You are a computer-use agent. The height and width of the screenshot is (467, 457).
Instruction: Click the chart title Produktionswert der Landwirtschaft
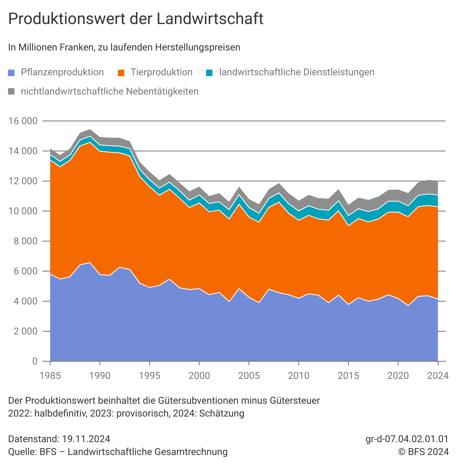(135, 19)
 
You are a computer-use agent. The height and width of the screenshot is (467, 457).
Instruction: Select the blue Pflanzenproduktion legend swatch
(12, 72)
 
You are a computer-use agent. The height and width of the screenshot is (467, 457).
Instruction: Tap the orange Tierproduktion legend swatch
(121, 72)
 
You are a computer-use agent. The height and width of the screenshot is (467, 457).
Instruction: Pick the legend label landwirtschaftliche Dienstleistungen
(297, 72)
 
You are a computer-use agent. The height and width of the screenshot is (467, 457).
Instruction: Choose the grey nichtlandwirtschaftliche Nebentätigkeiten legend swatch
(12, 92)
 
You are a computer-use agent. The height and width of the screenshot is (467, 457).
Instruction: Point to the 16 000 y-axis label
(23, 121)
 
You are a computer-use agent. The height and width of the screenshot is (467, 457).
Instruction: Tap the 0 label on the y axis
(34, 361)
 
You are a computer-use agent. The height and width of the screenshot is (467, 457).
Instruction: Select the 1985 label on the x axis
(50, 376)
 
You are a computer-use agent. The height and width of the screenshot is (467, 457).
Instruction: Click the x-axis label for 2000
(199, 376)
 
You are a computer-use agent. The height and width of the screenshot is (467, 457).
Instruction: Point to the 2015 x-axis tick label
(348, 376)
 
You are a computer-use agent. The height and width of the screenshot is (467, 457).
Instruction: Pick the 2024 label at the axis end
(438, 376)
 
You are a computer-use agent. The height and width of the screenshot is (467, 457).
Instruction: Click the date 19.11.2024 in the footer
(85, 439)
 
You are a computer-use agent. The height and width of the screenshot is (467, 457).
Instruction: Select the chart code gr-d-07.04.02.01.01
(407, 439)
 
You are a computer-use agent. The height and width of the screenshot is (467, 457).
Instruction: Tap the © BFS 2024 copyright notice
(423, 452)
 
